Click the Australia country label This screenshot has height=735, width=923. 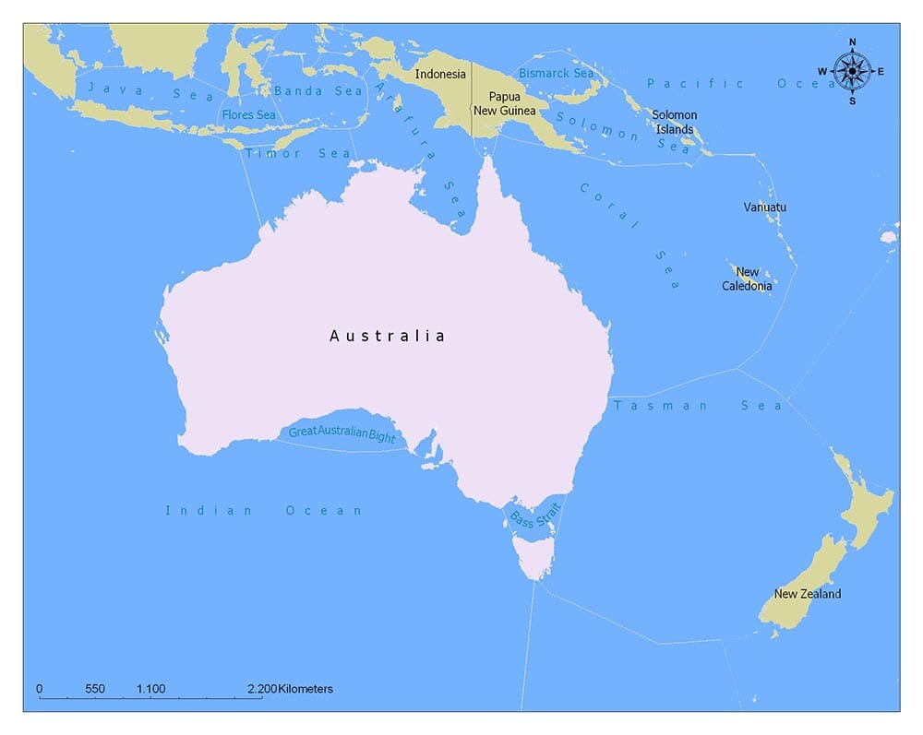tap(388, 336)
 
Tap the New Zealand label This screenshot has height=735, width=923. tap(808, 594)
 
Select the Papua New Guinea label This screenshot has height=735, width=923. tap(505, 103)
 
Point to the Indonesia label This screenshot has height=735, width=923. tap(440, 74)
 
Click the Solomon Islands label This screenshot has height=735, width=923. tap(675, 122)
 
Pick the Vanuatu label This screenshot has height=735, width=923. tap(765, 207)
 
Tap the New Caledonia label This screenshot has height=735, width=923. tap(748, 279)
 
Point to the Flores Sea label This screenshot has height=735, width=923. tap(248, 115)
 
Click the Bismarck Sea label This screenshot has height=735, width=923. tap(557, 73)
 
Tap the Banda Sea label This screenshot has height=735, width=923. tap(318, 90)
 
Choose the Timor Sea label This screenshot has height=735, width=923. tap(298, 153)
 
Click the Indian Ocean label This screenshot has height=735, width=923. tap(264, 510)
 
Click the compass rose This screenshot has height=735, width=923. tap(852, 71)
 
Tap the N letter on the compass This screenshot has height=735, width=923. tap(852, 42)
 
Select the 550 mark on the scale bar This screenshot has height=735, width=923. tap(94, 689)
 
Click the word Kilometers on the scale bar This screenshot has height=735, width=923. tap(305, 689)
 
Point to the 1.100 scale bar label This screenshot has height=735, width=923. tap(150, 689)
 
